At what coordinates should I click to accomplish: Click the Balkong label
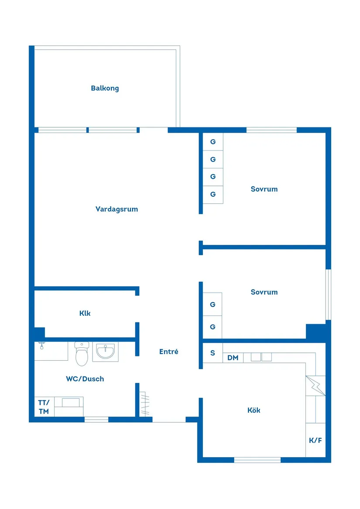click(x=105, y=88)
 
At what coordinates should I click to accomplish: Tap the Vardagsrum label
click(x=117, y=209)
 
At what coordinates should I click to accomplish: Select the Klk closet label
click(x=85, y=313)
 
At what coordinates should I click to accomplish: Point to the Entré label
click(x=168, y=351)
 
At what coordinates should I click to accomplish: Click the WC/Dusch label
click(x=85, y=379)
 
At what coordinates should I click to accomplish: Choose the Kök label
click(x=254, y=410)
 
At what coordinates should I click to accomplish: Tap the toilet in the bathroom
click(x=82, y=354)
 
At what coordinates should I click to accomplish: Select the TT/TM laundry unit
click(x=44, y=407)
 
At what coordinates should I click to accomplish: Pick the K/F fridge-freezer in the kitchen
click(x=315, y=440)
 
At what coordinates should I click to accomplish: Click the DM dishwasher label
click(x=233, y=358)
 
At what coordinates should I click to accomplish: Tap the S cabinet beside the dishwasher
click(x=213, y=353)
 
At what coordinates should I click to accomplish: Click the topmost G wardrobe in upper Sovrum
click(x=213, y=142)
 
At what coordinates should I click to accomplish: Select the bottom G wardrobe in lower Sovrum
click(x=213, y=327)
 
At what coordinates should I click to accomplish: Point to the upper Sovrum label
click(x=264, y=189)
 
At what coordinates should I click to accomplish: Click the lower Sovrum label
click(x=264, y=292)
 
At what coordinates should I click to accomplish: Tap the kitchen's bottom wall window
click(x=257, y=460)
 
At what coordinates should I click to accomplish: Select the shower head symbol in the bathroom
click(x=41, y=345)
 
